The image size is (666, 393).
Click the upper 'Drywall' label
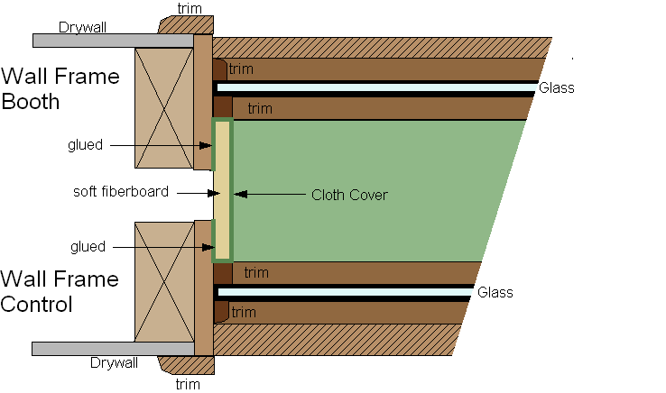tap(83, 27)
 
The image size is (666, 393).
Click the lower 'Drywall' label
tap(114, 363)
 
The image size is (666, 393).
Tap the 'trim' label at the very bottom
tap(188, 384)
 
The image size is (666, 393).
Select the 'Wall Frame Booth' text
tap(60, 88)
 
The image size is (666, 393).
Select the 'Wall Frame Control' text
tap(60, 291)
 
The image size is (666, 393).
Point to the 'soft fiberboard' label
tap(121, 192)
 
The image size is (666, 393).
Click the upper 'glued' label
tap(86, 144)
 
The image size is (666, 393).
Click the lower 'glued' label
tap(86, 246)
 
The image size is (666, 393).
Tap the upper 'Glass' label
tap(557, 88)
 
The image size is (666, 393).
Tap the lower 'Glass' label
tap(495, 292)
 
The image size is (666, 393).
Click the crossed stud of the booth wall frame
tap(163, 107)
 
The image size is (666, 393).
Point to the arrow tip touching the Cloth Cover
tap(236, 194)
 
